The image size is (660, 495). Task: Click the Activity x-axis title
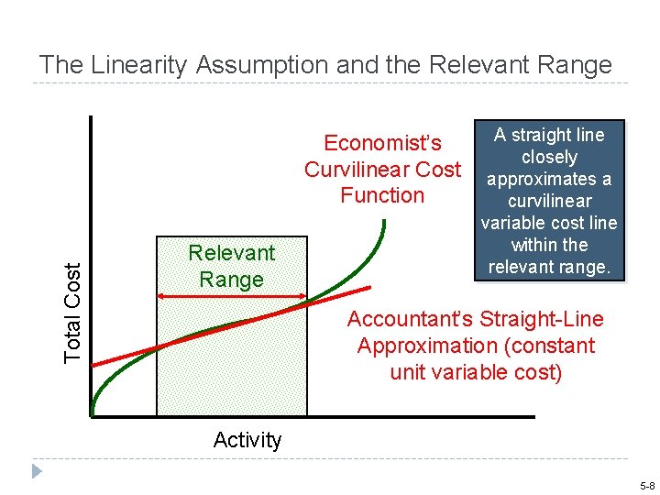[x=247, y=440]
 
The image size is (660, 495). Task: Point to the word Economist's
[x=382, y=143]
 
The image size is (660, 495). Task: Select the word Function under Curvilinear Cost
[x=382, y=195]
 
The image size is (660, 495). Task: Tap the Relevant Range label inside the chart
[x=231, y=266]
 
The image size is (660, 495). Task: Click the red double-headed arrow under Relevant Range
[x=232, y=295]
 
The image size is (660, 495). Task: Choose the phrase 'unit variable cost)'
[x=476, y=372]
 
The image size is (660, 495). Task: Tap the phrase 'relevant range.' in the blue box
[x=549, y=267]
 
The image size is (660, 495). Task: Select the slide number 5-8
[x=647, y=485]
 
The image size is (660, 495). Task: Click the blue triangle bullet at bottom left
[x=37, y=471]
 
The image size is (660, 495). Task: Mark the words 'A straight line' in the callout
[x=549, y=135]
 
